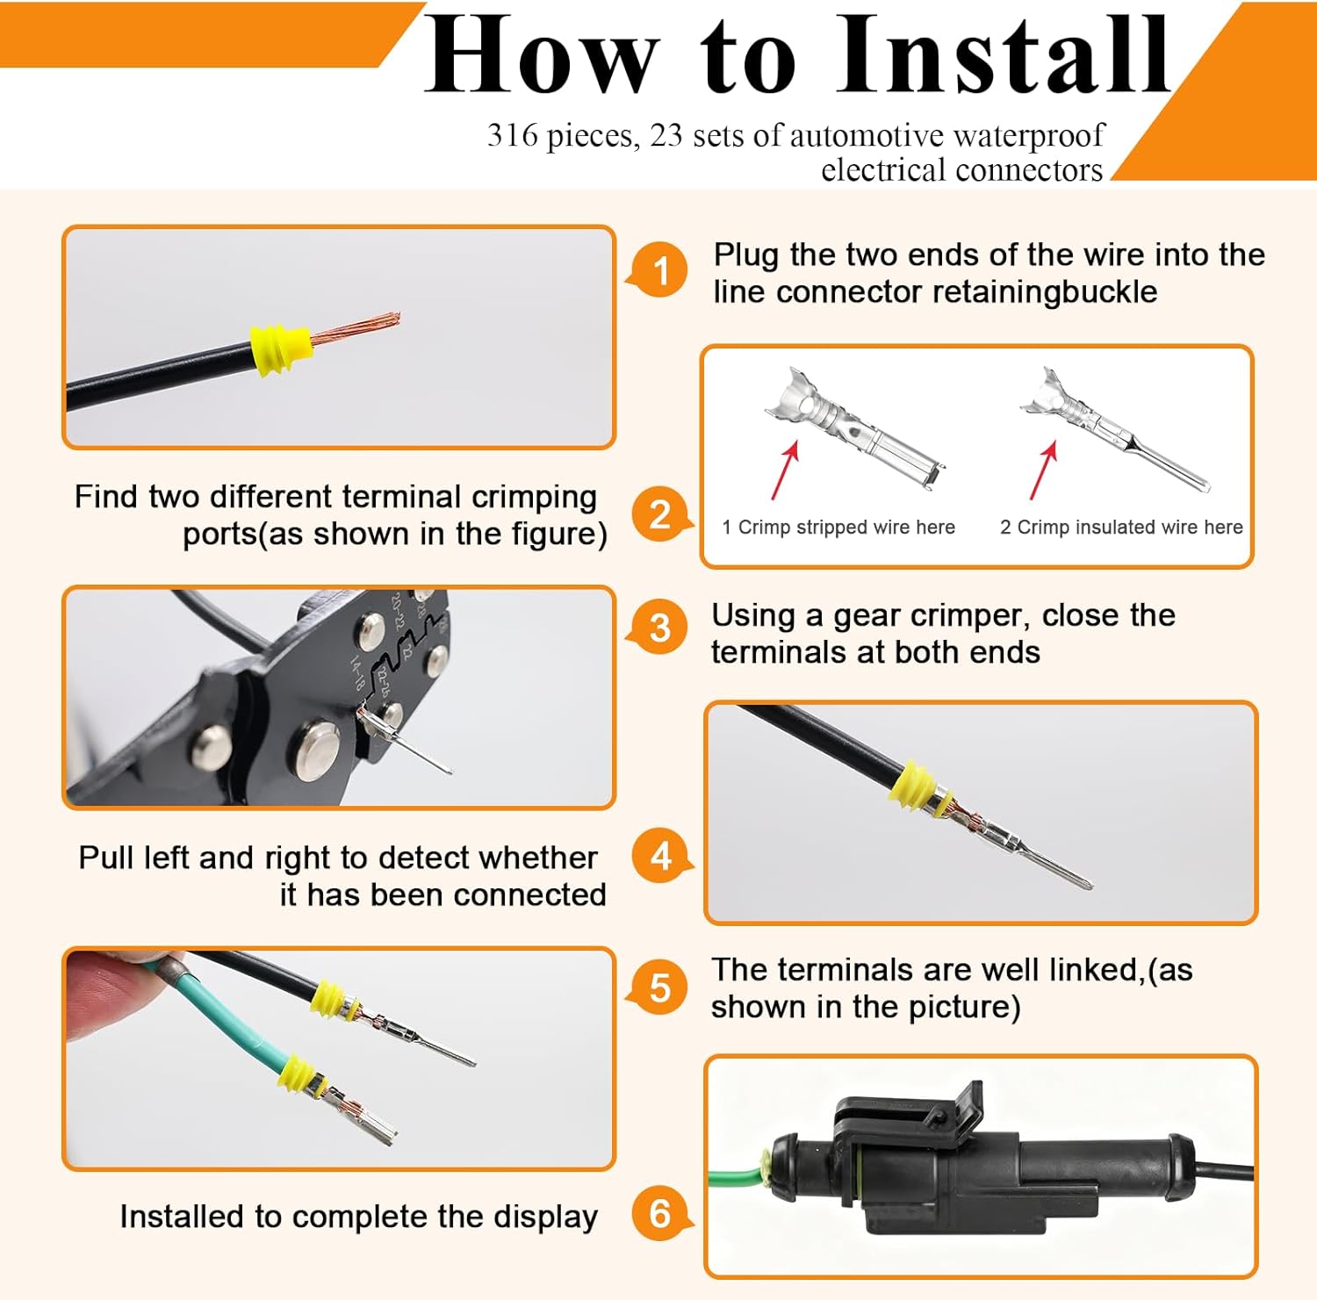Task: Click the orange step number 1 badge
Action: coord(660,270)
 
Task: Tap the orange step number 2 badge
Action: coord(660,514)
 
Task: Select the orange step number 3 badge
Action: coord(660,628)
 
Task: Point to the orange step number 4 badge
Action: coord(660,856)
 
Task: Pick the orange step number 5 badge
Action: coord(660,988)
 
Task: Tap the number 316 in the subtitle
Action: coord(513,135)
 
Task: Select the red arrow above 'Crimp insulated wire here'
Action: coord(1043,470)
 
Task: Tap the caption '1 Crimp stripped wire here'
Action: coord(838,527)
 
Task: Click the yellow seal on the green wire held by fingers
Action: coord(302,1075)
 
